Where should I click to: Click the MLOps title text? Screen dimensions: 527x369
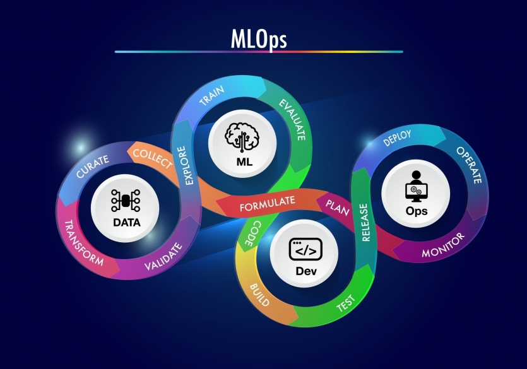point(259,39)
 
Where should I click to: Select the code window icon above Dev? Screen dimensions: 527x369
point(305,249)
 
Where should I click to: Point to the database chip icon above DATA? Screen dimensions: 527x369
point(126,201)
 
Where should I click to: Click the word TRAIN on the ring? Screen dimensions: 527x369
point(211,96)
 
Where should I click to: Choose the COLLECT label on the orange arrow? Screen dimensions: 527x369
point(153,158)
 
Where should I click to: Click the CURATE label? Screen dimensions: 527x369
point(92,166)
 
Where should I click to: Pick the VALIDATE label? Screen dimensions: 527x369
point(163,257)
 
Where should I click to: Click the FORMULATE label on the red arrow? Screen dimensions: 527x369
point(268,204)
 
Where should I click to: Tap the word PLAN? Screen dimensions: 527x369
point(338,207)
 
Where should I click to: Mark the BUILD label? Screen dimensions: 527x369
point(259,295)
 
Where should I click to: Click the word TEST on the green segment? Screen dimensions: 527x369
point(346,303)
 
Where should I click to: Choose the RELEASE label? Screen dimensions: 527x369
point(365,222)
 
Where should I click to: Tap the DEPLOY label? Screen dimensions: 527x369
point(397,138)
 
